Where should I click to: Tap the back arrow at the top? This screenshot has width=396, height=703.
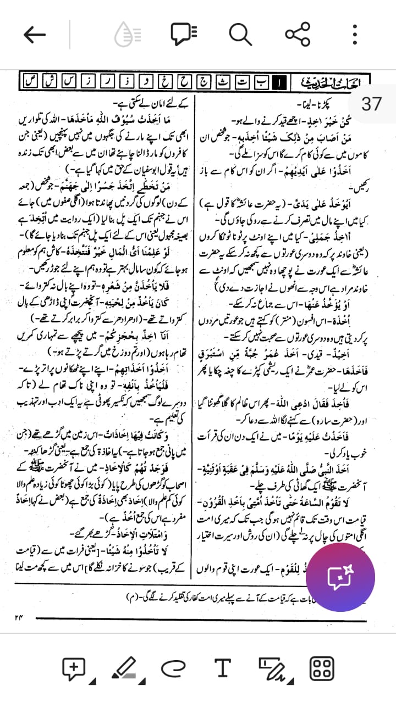tap(35, 35)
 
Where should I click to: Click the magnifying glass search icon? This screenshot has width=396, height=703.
tap(240, 35)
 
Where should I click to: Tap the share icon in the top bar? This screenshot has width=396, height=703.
tap(298, 35)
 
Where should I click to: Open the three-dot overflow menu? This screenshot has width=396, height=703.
tap(355, 35)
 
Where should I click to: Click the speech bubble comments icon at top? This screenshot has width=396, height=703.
tap(183, 35)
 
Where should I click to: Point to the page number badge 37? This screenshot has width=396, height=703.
tap(372, 103)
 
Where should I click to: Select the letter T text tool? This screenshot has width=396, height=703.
tap(222, 668)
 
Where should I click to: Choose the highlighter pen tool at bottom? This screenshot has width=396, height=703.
tap(124, 668)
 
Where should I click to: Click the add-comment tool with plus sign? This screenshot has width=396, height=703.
tap(74, 668)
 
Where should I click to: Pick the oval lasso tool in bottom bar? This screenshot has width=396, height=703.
tap(174, 668)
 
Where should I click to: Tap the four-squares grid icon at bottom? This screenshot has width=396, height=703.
tap(322, 668)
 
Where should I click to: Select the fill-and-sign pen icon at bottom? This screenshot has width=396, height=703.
tap(271, 668)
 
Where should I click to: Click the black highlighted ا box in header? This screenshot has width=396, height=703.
tap(280, 83)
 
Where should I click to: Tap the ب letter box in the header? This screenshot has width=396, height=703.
tap(262, 83)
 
